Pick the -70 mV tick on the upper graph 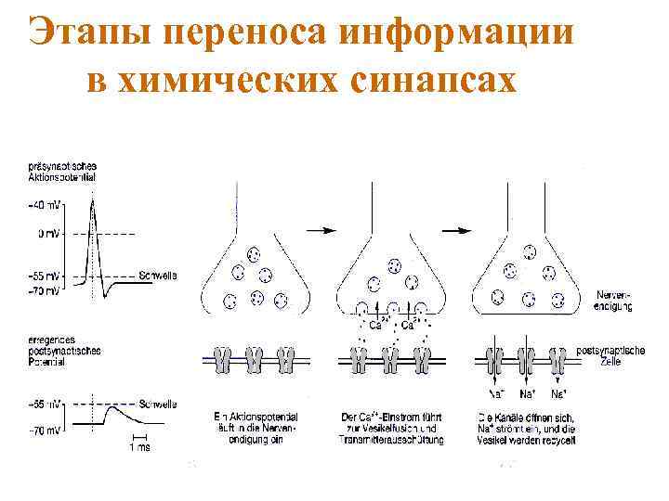click(x=45, y=290)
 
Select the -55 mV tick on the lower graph click(x=45, y=405)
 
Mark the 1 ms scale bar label click(x=140, y=446)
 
